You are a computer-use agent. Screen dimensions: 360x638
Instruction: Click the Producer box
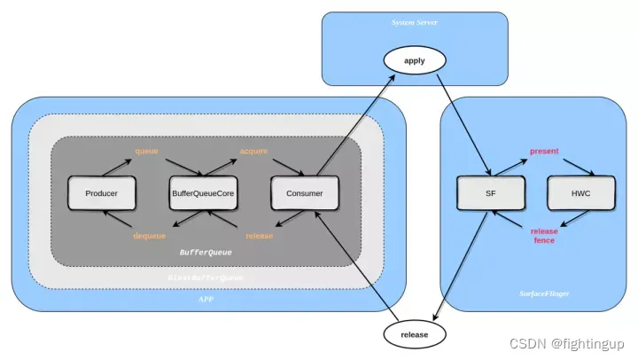pos(102,193)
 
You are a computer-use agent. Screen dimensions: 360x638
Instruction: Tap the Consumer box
pos(304,193)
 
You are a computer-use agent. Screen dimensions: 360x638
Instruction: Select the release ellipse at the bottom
pos(415,334)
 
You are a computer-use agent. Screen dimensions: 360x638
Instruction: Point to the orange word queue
pos(146,151)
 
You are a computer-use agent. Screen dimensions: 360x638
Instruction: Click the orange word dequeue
pos(149,236)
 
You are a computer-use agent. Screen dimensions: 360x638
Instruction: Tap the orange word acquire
pos(253,151)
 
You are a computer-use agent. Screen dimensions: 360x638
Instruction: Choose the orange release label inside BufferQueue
pos(259,236)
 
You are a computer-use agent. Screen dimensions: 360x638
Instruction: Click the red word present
pos(544,152)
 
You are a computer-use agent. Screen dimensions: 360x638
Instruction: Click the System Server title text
pos(415,22)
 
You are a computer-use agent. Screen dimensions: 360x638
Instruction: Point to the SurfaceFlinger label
pos(543,293)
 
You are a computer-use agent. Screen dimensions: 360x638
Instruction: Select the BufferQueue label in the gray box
pos(206,252)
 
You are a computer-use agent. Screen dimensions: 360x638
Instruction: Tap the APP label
pos(206,300)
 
